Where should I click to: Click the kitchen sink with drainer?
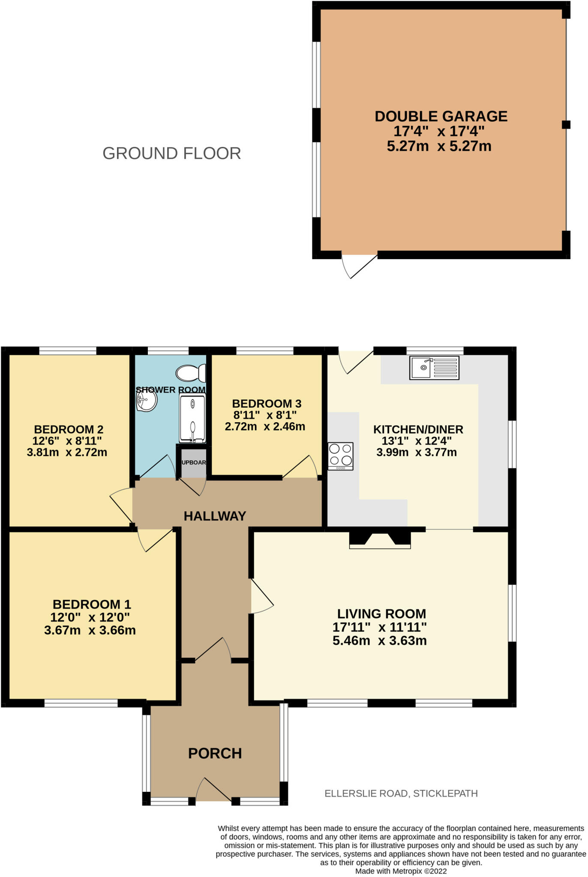(x=434, y=367)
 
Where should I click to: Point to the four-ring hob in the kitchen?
(x=341, y=456)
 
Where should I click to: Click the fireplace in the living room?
(x=380, y=539)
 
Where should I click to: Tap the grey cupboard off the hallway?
(x=194, y=462)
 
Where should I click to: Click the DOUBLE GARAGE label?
(x=441, y=116)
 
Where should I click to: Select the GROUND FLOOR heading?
(x=171, y=153)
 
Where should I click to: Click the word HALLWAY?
(x=215, y=516)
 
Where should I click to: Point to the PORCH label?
(x=215, y=753)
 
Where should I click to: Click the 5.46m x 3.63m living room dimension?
(x=379, y=641)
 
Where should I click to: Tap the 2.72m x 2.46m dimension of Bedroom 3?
(x=265, y=427)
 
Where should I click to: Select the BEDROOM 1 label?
(x=92, y=604)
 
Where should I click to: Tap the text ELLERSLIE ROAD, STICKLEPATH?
(x=401, y=793)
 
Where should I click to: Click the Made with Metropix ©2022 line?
(x=401, y=871)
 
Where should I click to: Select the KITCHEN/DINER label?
(x=418, y=429)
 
